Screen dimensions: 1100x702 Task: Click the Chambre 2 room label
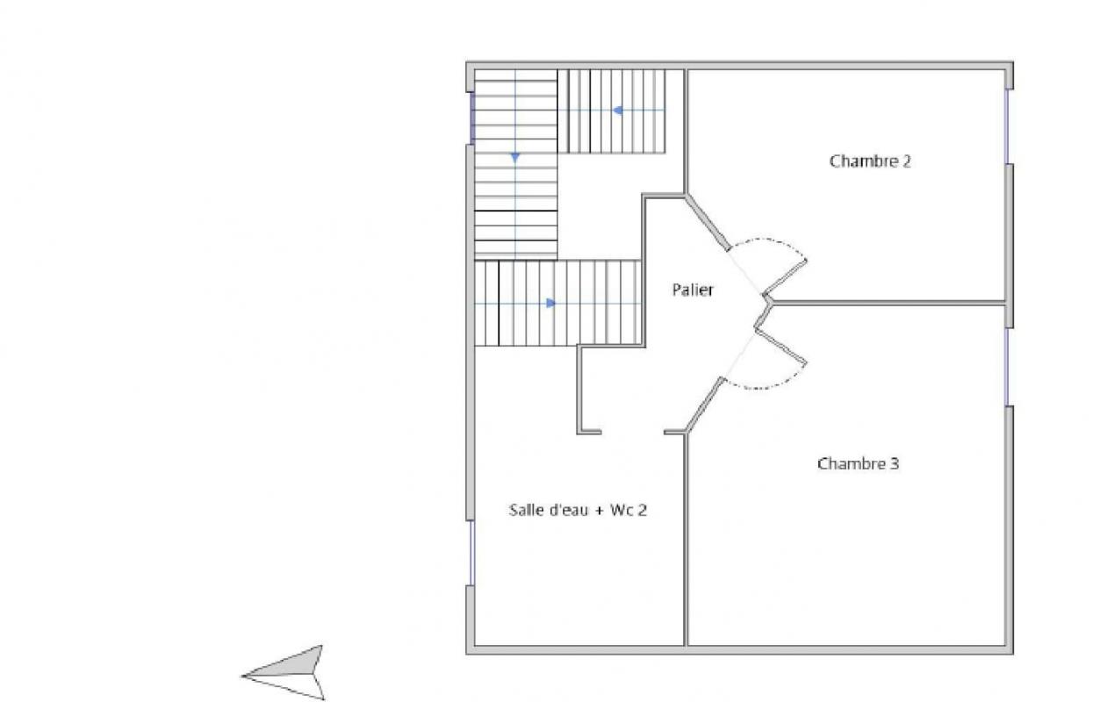(870, 161)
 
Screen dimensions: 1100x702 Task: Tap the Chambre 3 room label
(858, 463)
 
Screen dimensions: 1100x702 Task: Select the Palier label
(693, 290)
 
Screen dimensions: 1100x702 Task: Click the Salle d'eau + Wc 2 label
(578, 510)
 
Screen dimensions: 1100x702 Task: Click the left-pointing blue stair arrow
(618, 111)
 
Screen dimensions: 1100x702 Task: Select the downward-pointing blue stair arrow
(515, 158)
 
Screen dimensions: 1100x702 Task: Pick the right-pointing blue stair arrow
(551, 304)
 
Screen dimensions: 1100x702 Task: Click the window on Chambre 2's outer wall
(1007, 126)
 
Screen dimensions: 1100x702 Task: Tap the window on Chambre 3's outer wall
(1007, 367)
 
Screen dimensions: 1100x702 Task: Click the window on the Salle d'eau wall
(472, 553)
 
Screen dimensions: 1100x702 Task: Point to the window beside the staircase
(472, 118)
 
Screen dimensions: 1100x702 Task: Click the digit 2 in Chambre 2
(906, 161)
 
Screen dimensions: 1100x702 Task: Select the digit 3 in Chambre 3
(895, 463)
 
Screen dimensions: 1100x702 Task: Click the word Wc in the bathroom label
(622, 511)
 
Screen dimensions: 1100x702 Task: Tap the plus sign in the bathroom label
(599, 511)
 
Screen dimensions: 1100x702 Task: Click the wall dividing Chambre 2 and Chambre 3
(888, 303)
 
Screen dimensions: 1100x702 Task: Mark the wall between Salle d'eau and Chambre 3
(686, 540)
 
